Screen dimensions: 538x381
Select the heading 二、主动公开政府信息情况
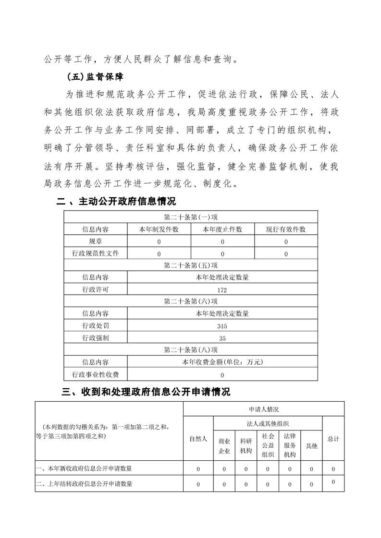click(116, 202)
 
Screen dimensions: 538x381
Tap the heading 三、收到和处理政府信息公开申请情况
click(147, 392)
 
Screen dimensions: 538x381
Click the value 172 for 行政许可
click(222, 290)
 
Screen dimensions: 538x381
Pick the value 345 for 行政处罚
click(222, 326)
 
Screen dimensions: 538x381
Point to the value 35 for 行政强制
click(222, 338)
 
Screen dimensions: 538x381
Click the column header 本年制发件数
click(159, 229)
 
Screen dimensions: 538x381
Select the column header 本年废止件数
click(222, 229)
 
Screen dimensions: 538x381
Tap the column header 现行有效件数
click(286, 229)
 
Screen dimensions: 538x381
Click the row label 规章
click(96, 241)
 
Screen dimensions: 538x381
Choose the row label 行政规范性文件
click(96, 253)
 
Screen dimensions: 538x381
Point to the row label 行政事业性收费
click(96, 374)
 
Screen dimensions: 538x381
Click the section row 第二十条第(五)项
click(191, 265)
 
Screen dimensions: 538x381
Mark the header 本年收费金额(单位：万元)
click(222, 362)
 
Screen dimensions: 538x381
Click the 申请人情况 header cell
click(263, 409)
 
